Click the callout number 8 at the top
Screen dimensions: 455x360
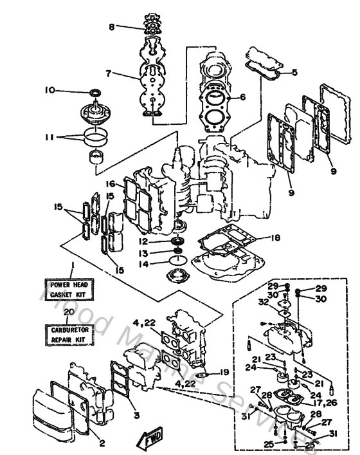coord(111,27)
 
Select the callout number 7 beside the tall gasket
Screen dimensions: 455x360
coord(109,74)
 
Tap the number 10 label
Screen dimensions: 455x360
coord(50,90)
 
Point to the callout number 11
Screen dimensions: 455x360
coord(50,136)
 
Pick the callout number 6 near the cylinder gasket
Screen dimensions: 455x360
coord(242,98)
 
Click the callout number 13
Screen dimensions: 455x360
coord(146,253)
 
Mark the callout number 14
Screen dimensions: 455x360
coord(146,264)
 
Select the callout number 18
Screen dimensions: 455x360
coord(276,238)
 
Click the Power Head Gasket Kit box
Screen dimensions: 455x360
coord(67,288)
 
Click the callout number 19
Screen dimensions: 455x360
coord(224,373)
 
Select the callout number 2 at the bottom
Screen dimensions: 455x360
coord(101,443)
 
